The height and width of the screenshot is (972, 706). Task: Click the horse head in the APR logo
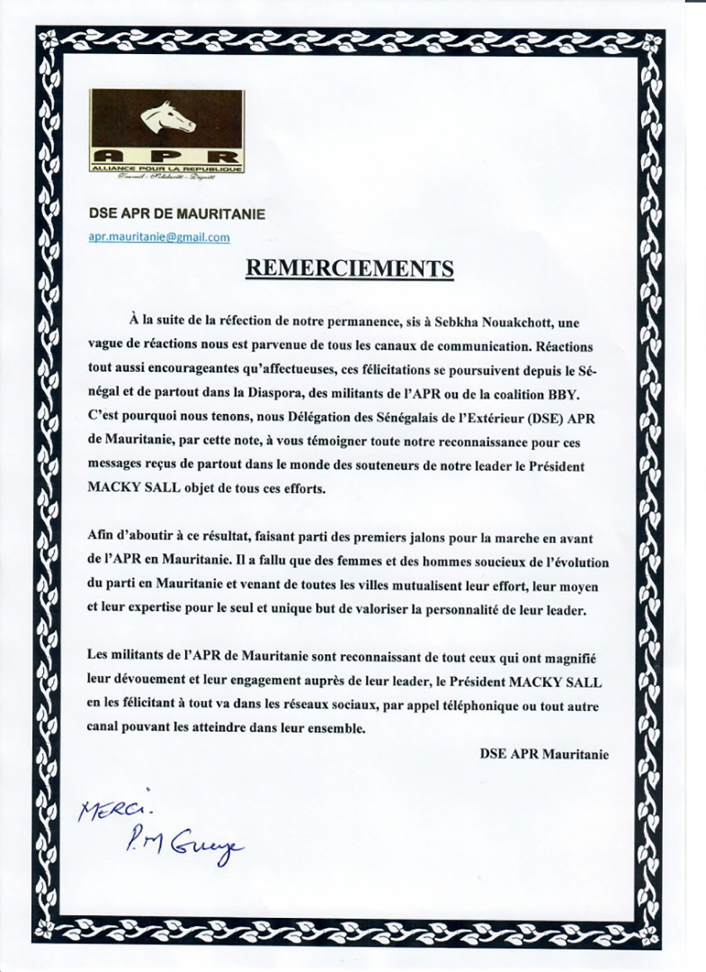(x=167, y=119)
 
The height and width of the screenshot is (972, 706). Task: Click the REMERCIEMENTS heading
(x=349, y=268)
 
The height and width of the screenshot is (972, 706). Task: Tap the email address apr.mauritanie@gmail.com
(x=158, y=237)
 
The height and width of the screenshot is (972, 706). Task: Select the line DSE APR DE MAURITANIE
(x=176, y=214)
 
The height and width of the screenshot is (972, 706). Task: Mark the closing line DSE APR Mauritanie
(x=544, y=754)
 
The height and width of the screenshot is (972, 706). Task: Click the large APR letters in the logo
(x=166, y=156)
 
